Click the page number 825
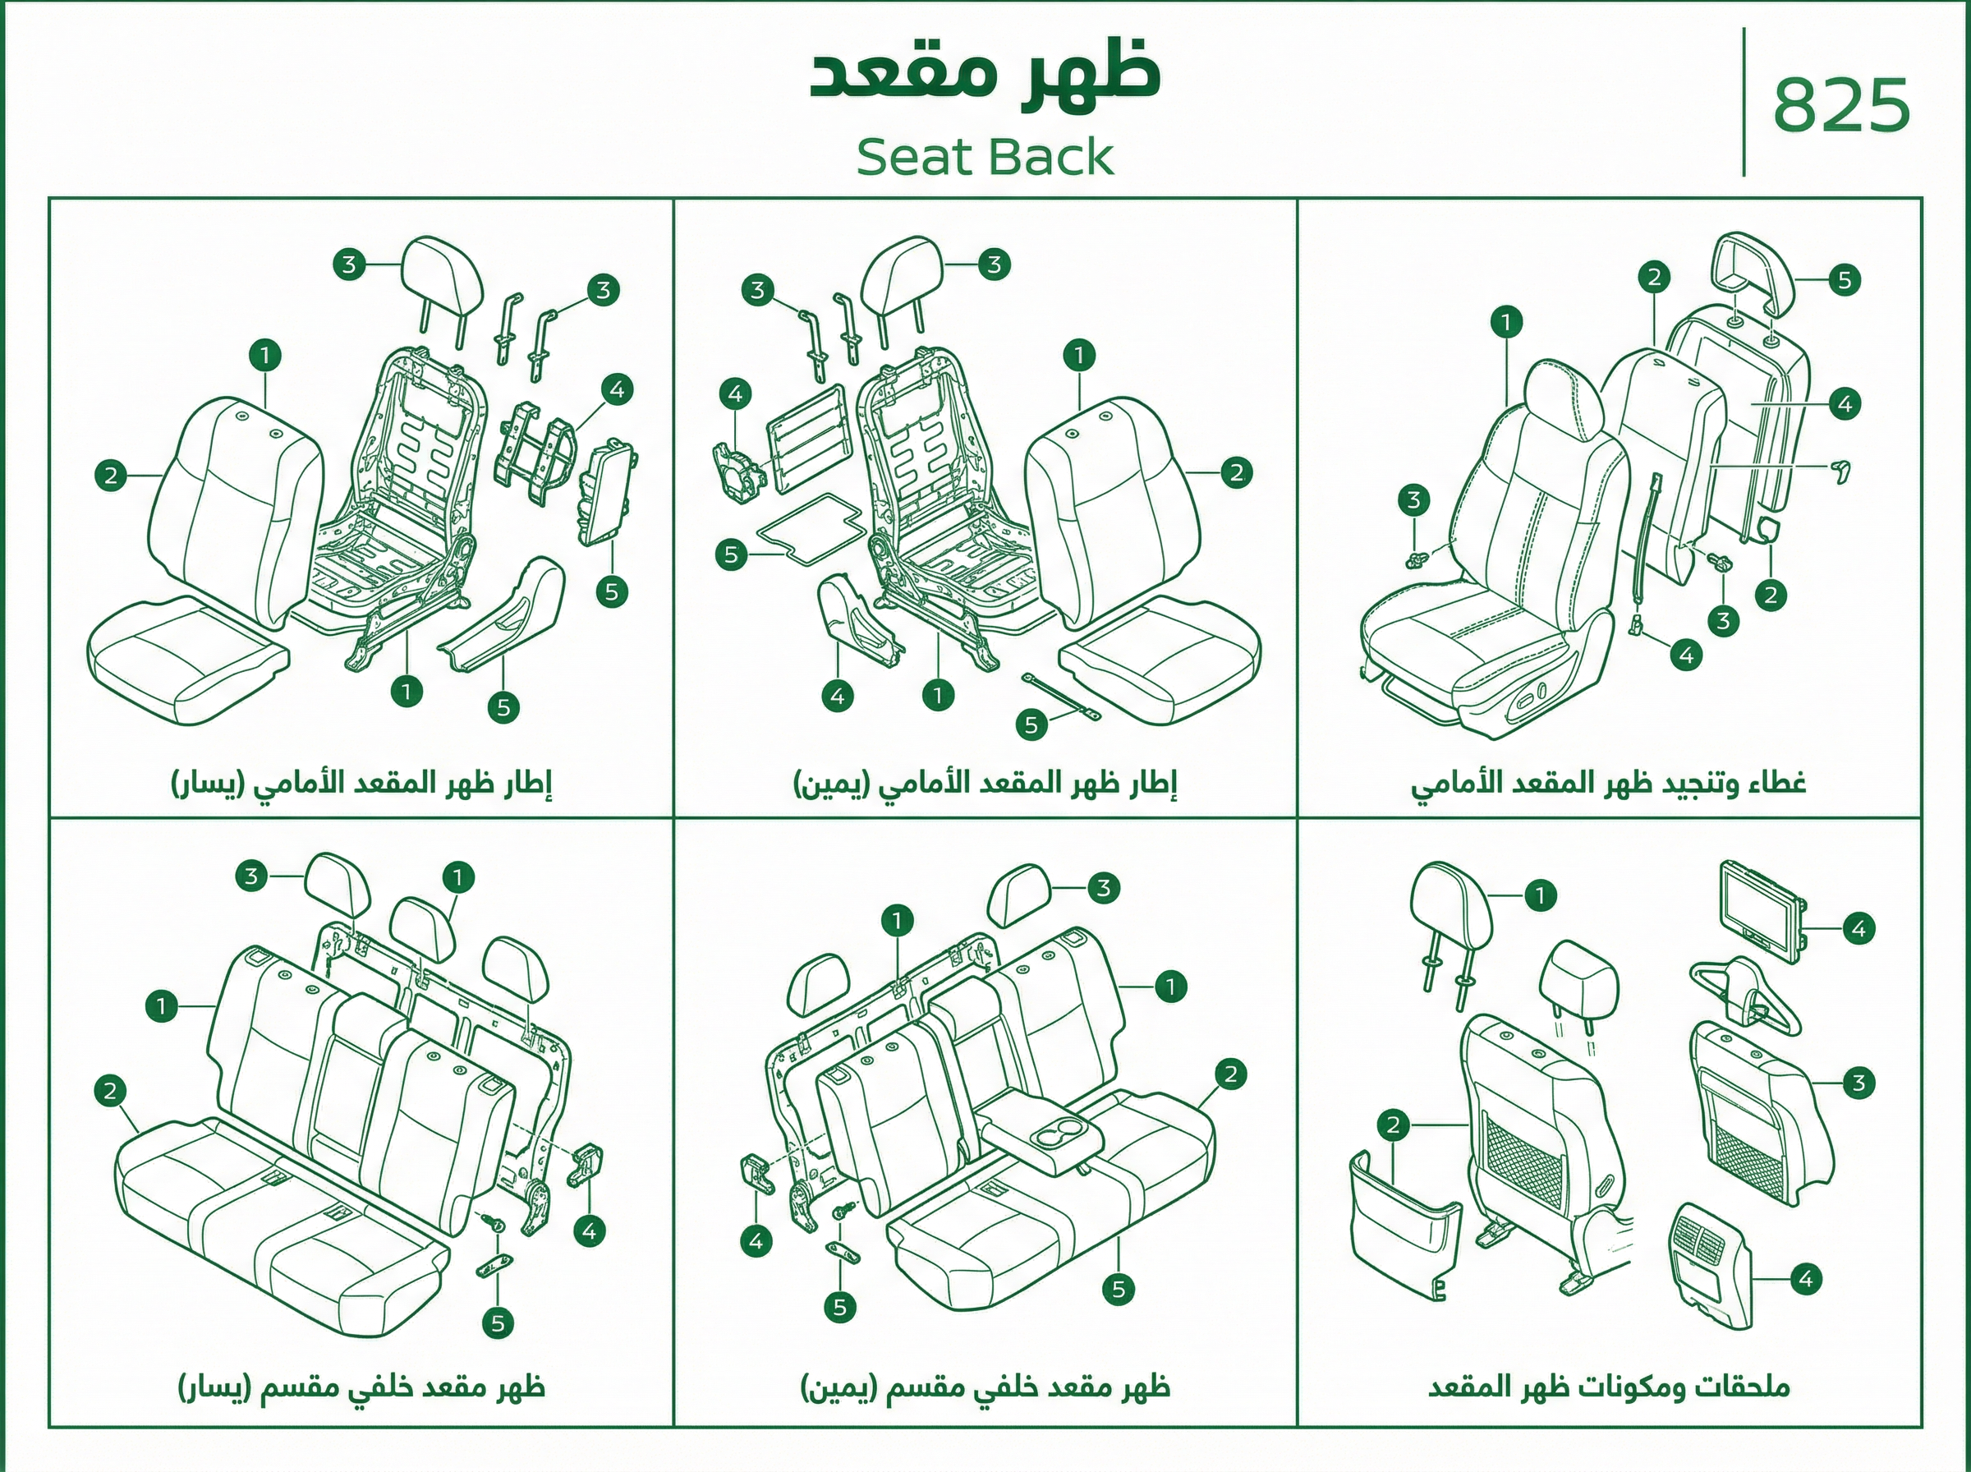tap(1842, 104)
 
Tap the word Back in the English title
tap(1051, 158)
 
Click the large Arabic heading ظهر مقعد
tap(984, 74)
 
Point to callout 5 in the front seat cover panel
tap(1845, 280)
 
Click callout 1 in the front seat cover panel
tap(1506, 322)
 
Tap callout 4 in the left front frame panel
tap(616, 389)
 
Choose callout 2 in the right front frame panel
tap(1236, 472)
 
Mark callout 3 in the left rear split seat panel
tap(251, 876)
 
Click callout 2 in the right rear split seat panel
tap(1230, 1074)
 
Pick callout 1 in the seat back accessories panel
tap(1540, 895)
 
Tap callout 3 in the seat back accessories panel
tap(1858, 1083)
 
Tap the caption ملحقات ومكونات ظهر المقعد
tap(1609, 1388)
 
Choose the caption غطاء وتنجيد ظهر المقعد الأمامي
tap(1609, 783)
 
